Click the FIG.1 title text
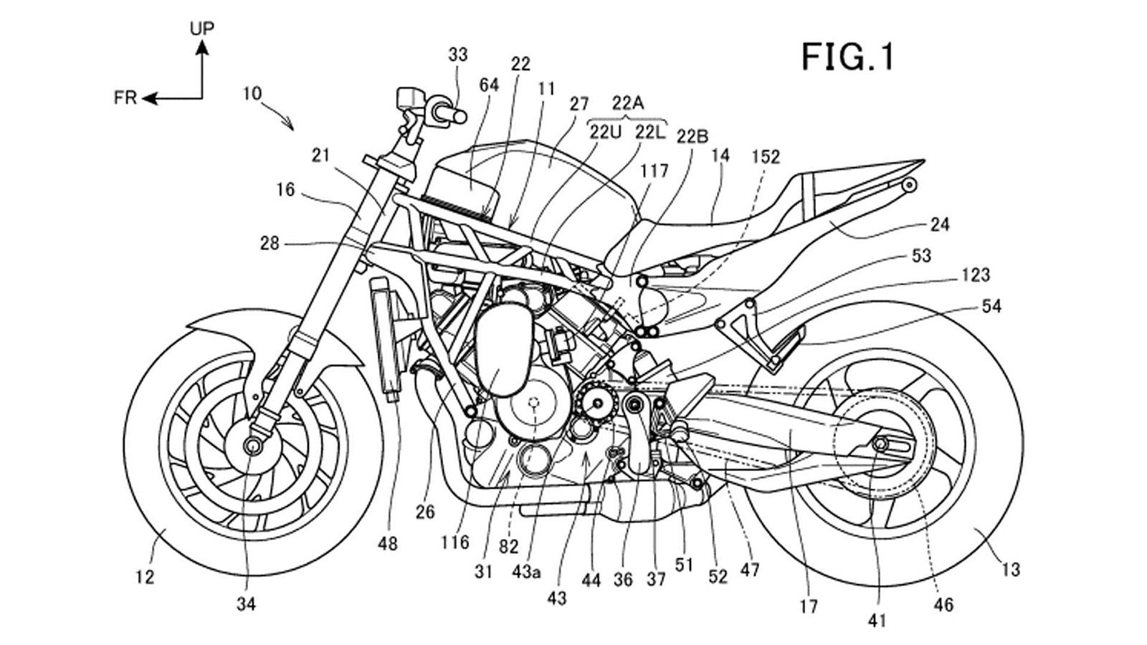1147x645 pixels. click(x=848, y=57)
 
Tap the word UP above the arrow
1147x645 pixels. click(x=202, y=29)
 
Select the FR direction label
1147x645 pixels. click(x=125, y=98)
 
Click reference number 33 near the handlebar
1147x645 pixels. click(x=458, y=54)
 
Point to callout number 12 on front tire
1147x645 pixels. click(x=145, y=576)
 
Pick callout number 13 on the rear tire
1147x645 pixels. click(x=1010, y=570)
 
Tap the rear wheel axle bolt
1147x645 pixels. click(x=879, y=446)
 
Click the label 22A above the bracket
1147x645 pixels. click(x=627, y=103)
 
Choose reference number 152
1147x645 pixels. click(x=766, y=157)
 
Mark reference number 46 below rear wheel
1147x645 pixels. click(x=943, y=606)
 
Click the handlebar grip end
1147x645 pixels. click(x=460, y=114)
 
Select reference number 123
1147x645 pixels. click(x=976, y=274)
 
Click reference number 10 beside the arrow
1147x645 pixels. click(x=252, y=93)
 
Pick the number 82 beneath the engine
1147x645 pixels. click(x=508, y=547)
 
